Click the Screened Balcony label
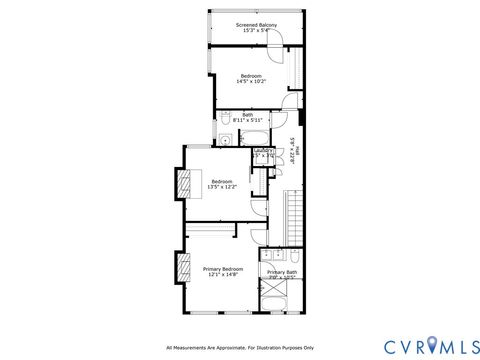pyautogui.click(x=256, y=24)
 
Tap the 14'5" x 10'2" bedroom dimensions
pyautogui.click(x=250, y=82)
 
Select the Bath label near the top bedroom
pyautogui.click(x=247, y=114)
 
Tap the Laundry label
pyautogui.click(x=263, y=151)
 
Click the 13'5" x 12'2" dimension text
pyautogui.click(x=220, y=187)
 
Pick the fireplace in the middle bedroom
pyautogui.click(x=183, y=186)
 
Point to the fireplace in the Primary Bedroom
pyautogui.click(x=183, y=269)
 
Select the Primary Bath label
pyautogui.click(x=281, y=272)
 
